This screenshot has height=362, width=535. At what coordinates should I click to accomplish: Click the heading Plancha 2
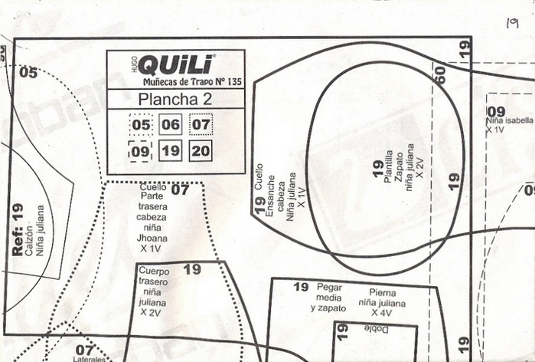(x=175, y=99)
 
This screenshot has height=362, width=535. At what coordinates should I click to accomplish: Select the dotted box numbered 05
(x=142, y=125)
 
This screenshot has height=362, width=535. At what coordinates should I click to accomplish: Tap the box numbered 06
(x=171, y=125)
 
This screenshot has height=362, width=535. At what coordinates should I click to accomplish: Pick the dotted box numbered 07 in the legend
(x=201, y=125)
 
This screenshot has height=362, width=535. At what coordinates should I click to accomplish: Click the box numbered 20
(x=201, y=151)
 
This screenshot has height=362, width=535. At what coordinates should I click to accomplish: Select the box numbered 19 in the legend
(x=171, y=151)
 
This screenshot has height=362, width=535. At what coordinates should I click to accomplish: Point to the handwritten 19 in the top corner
(x=512, y=24)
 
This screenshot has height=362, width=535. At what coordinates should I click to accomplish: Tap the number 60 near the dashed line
(x=439, y=75)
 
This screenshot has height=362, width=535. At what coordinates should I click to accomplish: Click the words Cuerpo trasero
(x=152, y=276)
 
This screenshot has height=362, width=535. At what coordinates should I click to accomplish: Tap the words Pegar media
(x=329, y=292)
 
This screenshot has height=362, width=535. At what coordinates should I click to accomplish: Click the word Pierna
(x=382, y=292)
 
